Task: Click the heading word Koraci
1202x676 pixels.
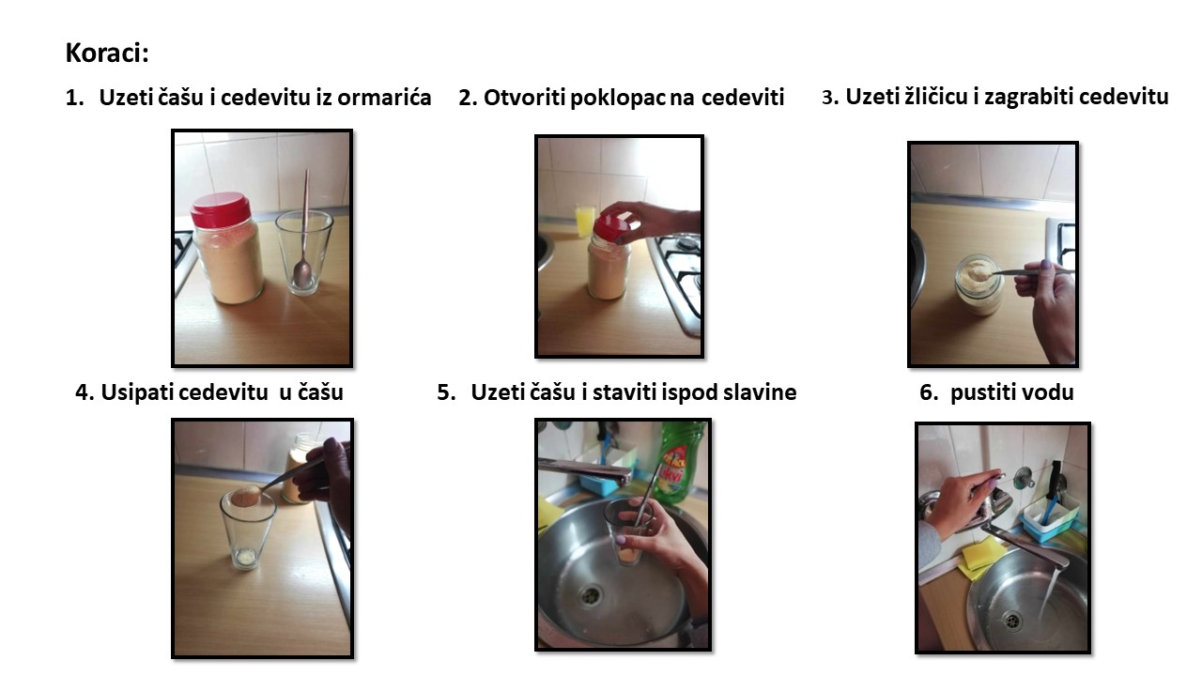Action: pos(107,53)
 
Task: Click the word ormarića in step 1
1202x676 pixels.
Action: pos(384,97)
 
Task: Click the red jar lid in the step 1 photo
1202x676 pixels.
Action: pos(221,209)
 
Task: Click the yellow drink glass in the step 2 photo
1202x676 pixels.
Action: pos(584,220)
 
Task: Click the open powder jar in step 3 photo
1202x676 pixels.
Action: pos(979,284)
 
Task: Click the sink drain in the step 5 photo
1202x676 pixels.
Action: pos(592,594)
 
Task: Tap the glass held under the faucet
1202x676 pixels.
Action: pos(628,530)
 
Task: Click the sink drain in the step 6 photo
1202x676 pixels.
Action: pos(1012,621)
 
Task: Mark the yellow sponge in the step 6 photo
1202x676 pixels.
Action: pos(982,558)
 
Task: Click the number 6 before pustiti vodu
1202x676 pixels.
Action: pos(926,392)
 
